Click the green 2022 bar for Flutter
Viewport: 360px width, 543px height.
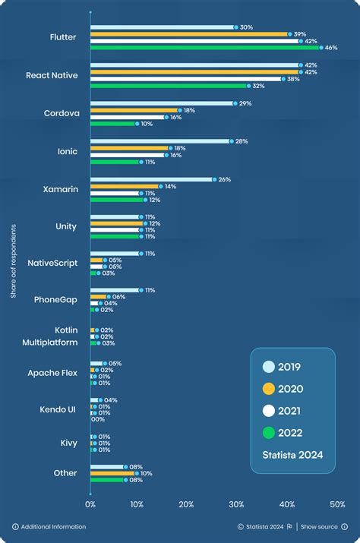click(x=205, y=47)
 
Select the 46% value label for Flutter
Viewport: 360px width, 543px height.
click(x=331, y=47)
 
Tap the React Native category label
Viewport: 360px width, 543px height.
click(x=52, y=75)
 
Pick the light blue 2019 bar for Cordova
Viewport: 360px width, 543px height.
click(x=163, y=103)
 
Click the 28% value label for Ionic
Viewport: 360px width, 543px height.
click(x=242, y=141)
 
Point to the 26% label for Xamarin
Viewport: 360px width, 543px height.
click(x=226, y=179)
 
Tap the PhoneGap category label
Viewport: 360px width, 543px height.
click(x=55, y=299)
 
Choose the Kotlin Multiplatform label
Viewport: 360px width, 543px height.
click(x=55, y=336)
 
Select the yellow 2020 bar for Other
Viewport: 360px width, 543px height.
click(x=112, y=473)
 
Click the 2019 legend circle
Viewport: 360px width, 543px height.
click(x=269, y=367)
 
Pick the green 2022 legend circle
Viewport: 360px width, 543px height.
click(x=269, y=433)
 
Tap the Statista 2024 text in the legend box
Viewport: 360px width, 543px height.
click(x=292, y=456)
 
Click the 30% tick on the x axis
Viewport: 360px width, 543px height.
click(x=237, y=504)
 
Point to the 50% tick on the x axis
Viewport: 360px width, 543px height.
click(x=336, y=504)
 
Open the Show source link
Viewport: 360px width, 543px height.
click(x=319, y=526)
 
